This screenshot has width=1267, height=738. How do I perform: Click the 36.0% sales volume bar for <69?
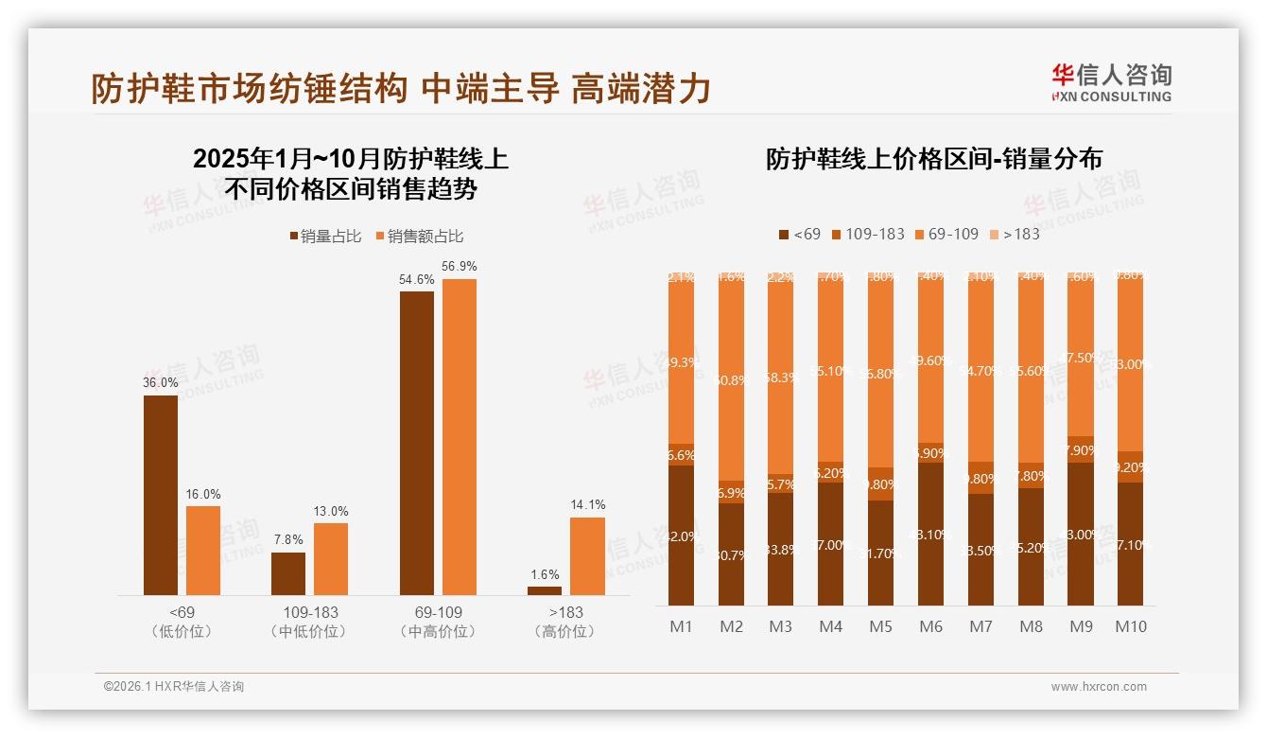161,495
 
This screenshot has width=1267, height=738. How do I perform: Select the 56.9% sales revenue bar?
460,436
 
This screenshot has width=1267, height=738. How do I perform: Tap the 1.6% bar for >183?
545,590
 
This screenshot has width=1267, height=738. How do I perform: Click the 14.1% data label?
589,505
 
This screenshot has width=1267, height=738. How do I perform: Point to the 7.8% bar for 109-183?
288,573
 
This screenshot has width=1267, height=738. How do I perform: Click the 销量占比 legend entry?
324,237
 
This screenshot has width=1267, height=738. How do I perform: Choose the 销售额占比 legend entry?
420,237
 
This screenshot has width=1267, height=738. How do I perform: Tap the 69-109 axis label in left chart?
438,613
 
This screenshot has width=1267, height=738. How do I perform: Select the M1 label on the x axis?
681,626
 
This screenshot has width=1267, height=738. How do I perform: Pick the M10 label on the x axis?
1130,626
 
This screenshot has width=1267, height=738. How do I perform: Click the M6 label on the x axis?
930,626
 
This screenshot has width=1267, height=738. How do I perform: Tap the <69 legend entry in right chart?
799,234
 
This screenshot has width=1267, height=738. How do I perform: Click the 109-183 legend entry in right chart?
867,234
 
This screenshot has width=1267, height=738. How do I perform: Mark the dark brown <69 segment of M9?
1081,535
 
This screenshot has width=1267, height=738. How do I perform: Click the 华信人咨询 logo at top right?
1111,82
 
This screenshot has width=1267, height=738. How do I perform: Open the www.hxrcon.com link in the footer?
1099,687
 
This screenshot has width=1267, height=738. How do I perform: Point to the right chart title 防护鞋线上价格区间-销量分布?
934,159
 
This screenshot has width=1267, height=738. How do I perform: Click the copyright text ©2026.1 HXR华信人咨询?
174,687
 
